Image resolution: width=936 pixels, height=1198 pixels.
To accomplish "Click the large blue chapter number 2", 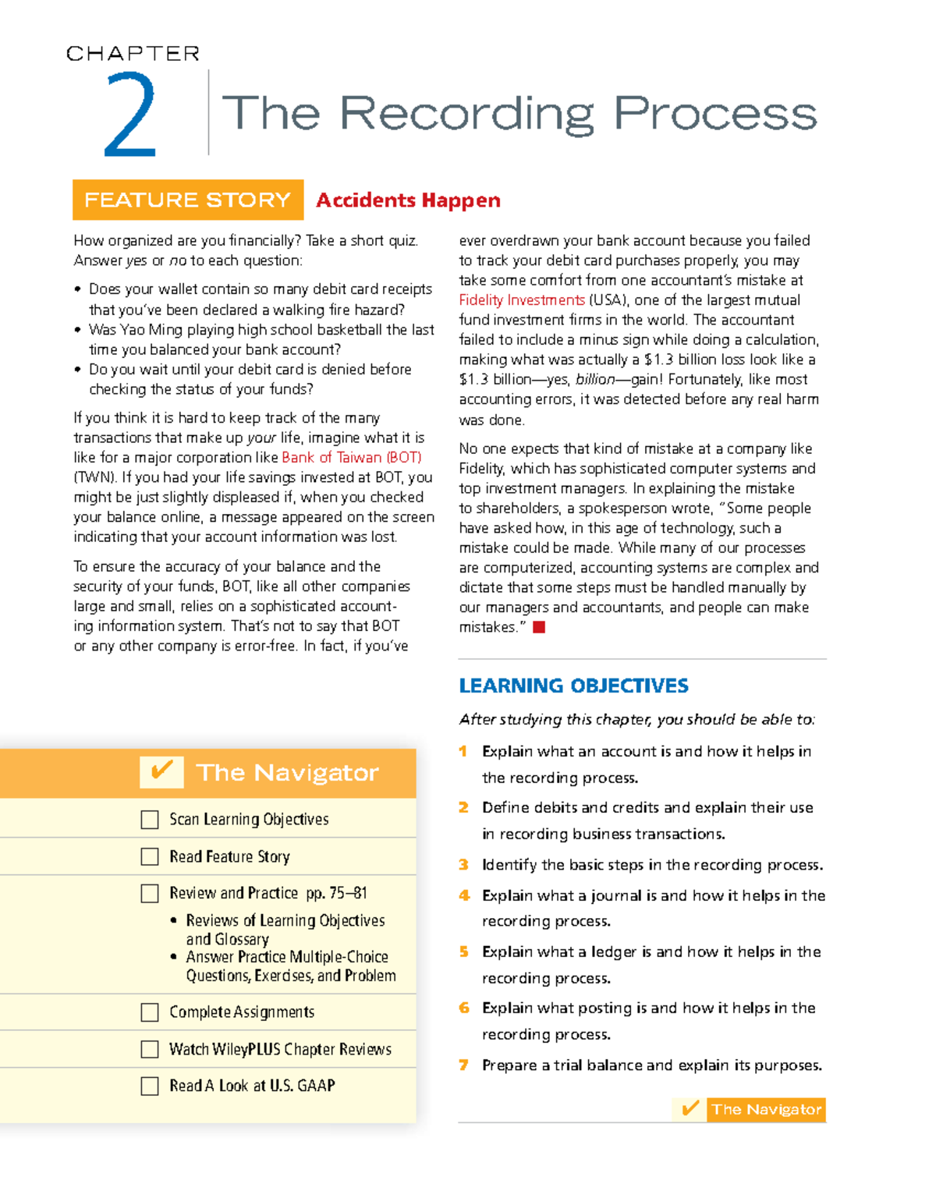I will click(130, 115).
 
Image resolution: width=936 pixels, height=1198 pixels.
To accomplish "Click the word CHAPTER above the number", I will click(133, 54).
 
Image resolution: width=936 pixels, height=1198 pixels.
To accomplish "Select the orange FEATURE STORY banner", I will click(187, 200).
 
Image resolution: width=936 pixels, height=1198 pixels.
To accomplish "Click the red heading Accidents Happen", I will click(408, 200).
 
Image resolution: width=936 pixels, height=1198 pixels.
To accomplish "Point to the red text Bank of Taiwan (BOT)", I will click(351, 458).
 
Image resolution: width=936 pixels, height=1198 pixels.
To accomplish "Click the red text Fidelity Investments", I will click(522, 300).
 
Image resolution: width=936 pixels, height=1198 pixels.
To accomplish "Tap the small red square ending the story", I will click(538, 627).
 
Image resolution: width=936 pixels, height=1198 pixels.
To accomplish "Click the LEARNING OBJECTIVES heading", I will click(573, 686).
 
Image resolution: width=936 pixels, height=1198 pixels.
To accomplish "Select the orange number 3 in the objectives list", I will click(463, 864).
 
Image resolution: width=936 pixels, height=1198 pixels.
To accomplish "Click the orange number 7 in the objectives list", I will click(463, 1065).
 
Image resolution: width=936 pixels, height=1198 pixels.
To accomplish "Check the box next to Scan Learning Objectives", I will click(150, 820).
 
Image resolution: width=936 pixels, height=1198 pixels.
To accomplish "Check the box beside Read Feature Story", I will click(150, 856).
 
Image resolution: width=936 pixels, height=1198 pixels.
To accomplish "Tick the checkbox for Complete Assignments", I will click(150, 1012).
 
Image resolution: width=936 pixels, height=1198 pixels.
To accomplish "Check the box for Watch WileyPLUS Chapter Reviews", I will click(150, 1049).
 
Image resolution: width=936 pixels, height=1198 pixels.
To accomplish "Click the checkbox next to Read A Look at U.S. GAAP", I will click(150, 1086).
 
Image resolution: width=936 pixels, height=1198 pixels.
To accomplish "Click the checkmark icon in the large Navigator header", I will click(161, 771).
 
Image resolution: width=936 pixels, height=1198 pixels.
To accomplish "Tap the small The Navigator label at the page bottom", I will click(766, 1109).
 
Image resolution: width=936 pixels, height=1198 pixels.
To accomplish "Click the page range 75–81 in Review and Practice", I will click(348, 893).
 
